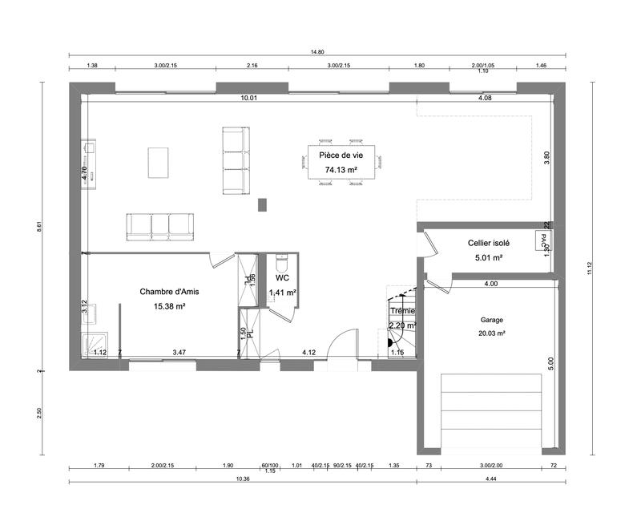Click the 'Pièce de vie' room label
pos(341,155)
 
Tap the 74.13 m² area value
pos(341,170)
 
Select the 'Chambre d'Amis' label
pos(163,292)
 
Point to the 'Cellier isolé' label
pos(489,242)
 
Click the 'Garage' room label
pos(492,319)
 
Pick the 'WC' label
pos(282,278)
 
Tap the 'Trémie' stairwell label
pos(402,311)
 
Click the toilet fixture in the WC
pos(281,262)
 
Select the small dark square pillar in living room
pos(262,204)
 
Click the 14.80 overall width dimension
pos(317,52)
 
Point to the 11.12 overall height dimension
pos(590,270)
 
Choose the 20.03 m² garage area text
pos(492,333)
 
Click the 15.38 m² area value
pos(163,306)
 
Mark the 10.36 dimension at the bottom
pos(244,479)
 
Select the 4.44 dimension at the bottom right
pos(491,479)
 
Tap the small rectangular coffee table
pos(159,162)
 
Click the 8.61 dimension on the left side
pos(38,228)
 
